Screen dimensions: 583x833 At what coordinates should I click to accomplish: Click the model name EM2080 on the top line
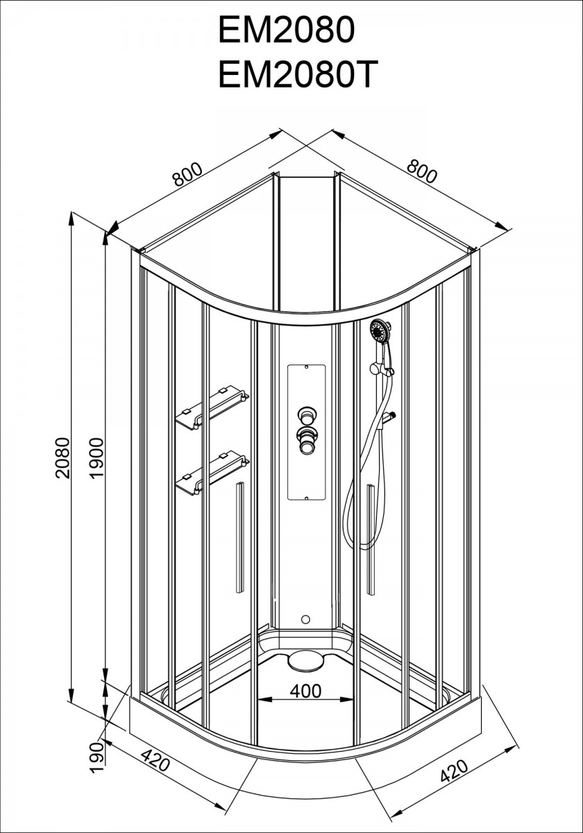[286, 31]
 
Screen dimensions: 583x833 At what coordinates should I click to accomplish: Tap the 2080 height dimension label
[62, 457]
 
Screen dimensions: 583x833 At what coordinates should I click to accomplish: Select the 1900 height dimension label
[96, 458]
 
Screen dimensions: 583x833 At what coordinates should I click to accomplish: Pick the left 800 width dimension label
[188, 174]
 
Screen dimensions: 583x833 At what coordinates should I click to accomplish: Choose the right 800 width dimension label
[422, 171]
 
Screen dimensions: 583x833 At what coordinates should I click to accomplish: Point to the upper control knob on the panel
[307, 415]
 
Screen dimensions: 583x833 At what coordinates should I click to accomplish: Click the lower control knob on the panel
[307, 441]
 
